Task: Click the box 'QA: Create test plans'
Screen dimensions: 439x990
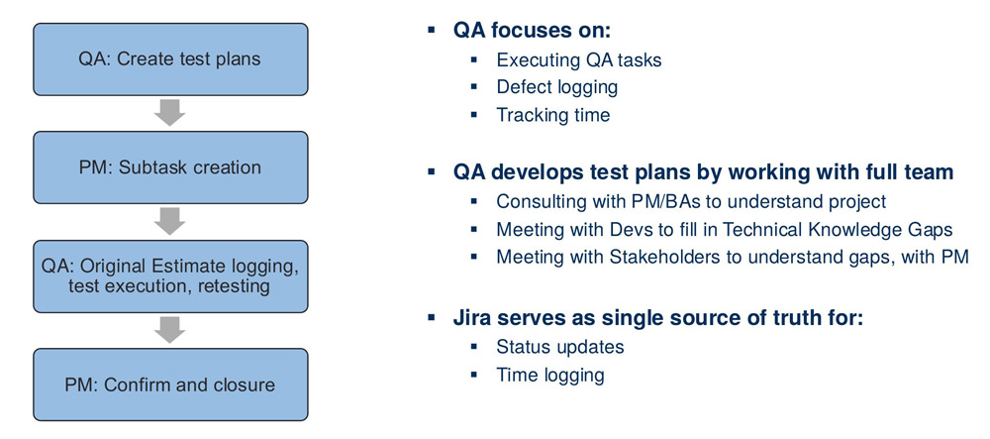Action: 169,58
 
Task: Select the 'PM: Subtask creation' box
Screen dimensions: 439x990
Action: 169,167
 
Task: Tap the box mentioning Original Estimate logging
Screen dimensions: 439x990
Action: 169,276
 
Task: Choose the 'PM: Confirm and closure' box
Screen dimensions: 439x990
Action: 169,384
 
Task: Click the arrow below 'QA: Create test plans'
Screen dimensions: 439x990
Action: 170,113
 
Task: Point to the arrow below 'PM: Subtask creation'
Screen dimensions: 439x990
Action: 170,222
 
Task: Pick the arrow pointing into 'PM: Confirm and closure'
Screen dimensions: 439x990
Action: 170,330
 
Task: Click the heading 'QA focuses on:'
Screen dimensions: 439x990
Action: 532,29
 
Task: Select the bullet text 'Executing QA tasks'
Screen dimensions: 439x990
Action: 579,59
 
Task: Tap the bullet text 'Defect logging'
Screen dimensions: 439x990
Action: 557,87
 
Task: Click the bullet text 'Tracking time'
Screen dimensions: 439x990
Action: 553,115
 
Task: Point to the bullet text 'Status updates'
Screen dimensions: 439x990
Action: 560,348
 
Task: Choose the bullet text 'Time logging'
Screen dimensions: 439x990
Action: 550,376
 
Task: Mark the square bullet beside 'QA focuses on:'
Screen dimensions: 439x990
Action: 431,30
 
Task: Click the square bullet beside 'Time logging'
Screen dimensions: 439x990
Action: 474,376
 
